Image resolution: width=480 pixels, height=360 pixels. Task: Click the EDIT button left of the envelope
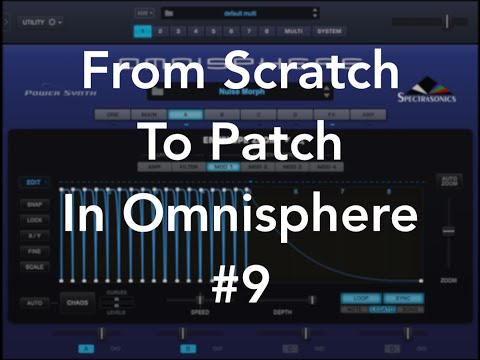[x=33, y=182]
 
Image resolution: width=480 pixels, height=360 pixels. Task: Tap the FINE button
[x=33, y=251]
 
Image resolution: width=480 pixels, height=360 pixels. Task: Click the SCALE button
[x=33, y=268]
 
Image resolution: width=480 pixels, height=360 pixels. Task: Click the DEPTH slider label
[x=283, y=312]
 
